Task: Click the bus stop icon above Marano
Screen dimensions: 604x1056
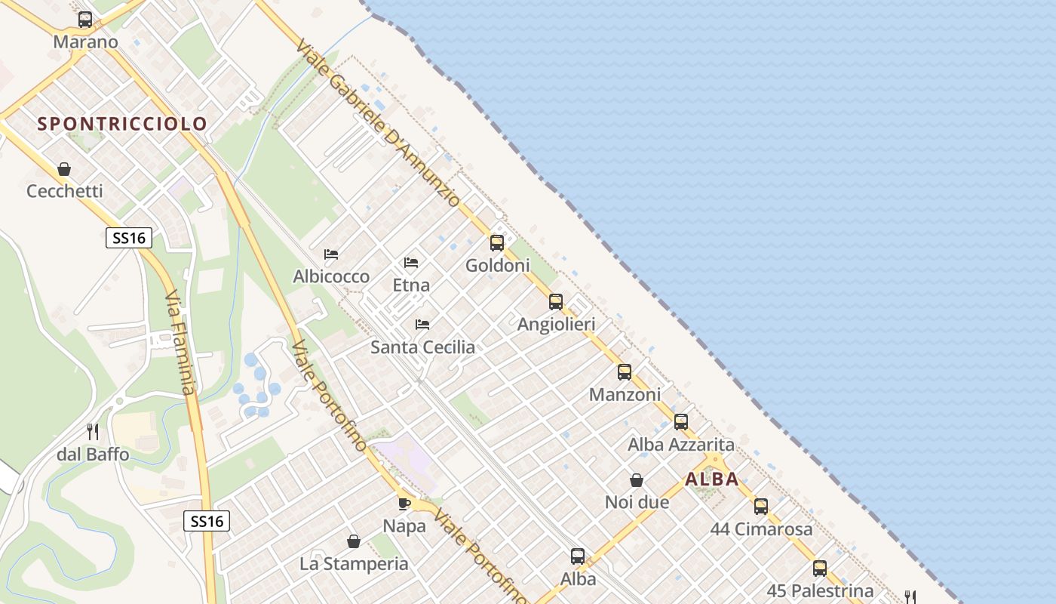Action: point(85,20)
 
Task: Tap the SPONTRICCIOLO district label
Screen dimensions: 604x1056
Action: point(122,124)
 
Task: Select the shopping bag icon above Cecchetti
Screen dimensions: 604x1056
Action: point(64,169)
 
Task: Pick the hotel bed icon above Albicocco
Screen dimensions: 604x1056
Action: point(331,254)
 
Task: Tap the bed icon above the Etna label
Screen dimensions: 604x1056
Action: point(411,263)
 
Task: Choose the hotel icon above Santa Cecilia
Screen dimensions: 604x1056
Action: point(422,325)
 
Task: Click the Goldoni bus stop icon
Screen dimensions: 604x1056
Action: point(497,243)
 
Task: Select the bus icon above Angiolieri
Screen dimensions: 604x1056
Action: point(556,302)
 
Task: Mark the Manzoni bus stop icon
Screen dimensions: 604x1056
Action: point(625,372)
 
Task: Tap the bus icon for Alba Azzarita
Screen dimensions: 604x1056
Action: point(681,422)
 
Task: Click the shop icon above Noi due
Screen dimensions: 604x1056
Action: point(637,480)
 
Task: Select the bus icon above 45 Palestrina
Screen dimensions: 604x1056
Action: point(820,569)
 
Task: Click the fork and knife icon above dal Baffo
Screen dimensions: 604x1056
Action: point(93,432)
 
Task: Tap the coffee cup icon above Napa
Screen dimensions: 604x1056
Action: point(404,504)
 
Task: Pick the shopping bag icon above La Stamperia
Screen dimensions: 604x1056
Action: point(354,541)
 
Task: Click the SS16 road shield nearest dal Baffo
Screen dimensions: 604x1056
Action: point(207,521)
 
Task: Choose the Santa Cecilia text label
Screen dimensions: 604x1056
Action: point(422,347)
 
